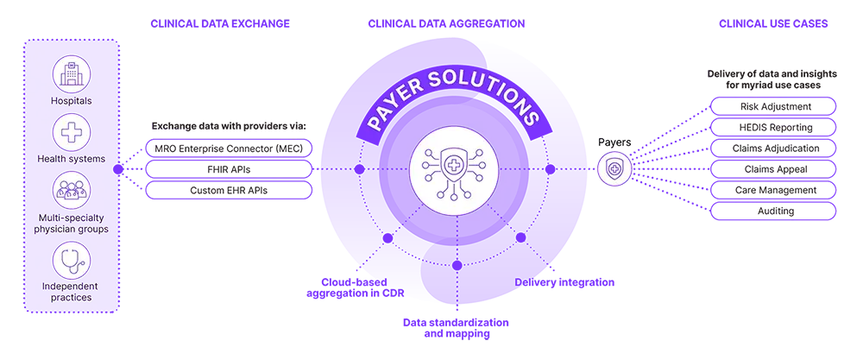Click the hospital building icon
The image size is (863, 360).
(72, 74)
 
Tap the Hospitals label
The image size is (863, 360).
(72, 101)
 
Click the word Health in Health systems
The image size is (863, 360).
(54, 160)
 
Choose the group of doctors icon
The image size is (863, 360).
(72, 188)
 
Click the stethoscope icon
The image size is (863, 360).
(72, 260)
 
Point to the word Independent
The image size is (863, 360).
(71, 286)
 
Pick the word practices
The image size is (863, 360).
(71, 298)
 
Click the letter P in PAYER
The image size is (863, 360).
(375, 125)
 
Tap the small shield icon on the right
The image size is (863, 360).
(614, 169)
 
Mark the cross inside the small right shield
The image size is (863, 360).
(614, 169)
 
